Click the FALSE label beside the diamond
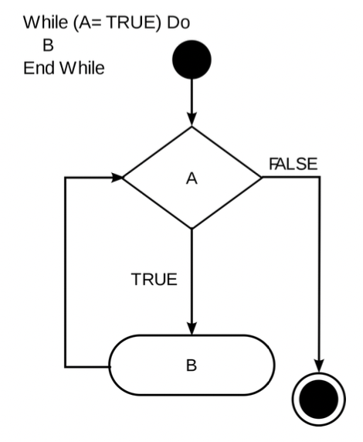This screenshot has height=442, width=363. pyautogui.click(x=293, y=164)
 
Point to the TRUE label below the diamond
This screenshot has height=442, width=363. pyautogui.click(x=154, y=280)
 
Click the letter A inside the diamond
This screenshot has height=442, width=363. pyautogui.click(x=192, y=178)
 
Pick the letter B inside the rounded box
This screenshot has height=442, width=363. pyautogui.click(x=192, y=365)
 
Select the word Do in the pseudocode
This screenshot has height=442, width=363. pyautogui.click(x=178, y=22)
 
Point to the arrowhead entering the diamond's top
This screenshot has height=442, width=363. pyautogui.click(x=192, y=121)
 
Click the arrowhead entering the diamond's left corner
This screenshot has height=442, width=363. pyautogui.click(x=117, y=178)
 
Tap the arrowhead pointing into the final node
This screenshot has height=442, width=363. pyautogui.click(x=317, y=372)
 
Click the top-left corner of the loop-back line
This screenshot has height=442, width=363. pyautogui.click(x=65, y=178)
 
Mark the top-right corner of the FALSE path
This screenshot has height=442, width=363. pyautogui.click(x=317, y=178)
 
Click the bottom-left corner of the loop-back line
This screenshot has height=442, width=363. pyautogui.click(x=65, y=365)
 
